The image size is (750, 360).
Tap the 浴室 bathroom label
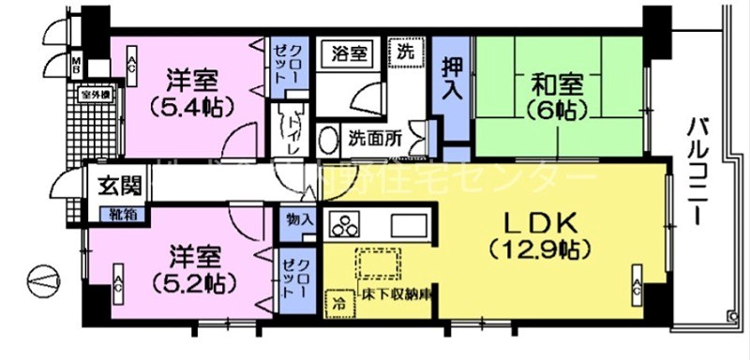click(349, 53)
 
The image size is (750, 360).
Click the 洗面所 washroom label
click(375, 136)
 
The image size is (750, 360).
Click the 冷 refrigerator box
click(337, 303)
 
